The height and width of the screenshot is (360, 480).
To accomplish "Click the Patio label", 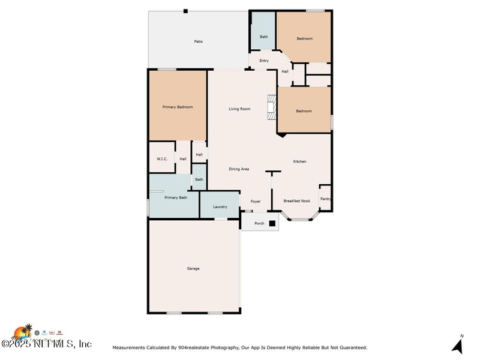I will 198,41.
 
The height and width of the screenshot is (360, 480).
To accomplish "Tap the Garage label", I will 193,268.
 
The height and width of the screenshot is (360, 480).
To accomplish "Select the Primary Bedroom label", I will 178,107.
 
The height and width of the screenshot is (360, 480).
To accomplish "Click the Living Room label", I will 239,109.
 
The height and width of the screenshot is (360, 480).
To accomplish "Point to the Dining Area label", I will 239,169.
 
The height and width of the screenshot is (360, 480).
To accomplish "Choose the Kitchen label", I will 299,161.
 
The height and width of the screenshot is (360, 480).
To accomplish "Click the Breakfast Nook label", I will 296,201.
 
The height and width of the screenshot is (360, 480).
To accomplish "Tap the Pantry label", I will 325,199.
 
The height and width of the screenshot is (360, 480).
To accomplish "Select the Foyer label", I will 256,201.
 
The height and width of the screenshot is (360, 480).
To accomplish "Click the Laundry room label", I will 220,206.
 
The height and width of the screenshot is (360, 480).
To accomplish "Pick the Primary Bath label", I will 176,197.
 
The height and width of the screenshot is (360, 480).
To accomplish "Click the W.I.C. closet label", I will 162,159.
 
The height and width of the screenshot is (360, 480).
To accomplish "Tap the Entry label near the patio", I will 264,61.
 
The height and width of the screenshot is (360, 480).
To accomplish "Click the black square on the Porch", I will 272,223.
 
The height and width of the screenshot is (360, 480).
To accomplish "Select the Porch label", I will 259,223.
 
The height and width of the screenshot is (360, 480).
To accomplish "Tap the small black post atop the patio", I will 185,11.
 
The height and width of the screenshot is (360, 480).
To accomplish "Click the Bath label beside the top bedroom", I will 263,37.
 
